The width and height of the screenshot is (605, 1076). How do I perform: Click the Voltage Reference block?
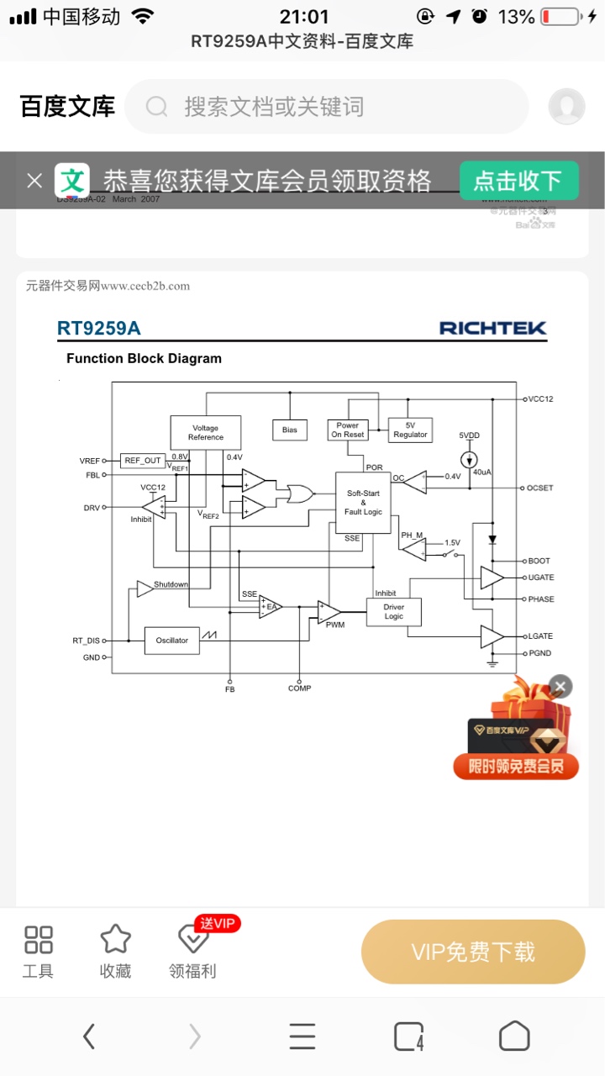click(x=206, y=432)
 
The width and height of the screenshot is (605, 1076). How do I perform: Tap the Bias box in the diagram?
click(x=290, y=430)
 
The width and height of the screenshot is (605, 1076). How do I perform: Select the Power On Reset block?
click(x=348, y=430)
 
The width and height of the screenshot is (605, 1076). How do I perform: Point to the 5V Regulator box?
click(x=411, y=430)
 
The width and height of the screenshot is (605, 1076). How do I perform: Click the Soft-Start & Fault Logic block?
click(x=363, y=502)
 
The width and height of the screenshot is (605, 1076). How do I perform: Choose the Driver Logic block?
click(x=393, y=611)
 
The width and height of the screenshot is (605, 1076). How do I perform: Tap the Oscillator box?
click(x=172, y=641)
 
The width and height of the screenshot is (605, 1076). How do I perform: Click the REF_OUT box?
click(x=143, y=461)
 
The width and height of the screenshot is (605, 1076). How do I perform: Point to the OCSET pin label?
click(x=540, y=488)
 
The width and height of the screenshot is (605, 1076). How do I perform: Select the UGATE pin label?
click(x=541, y=578)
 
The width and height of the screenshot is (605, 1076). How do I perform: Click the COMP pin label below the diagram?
click(x=299, y=688)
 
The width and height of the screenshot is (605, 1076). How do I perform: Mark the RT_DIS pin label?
click(x=86, y=641)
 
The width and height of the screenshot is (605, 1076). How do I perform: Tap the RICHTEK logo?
click(x=492, y=328)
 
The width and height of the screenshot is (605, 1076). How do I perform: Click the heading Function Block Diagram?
click(x=144, y=358)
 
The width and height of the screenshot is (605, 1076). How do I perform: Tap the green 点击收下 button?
click(x=518, y=180)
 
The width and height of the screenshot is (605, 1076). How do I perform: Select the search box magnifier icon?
click(x=157, y=107)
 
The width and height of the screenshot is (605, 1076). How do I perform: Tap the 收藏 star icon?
click(x=115, y=940)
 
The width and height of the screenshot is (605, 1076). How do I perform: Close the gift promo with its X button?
click(x=560, y=687)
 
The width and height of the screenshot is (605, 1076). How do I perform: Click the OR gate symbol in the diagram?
click(x=299, y=493)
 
